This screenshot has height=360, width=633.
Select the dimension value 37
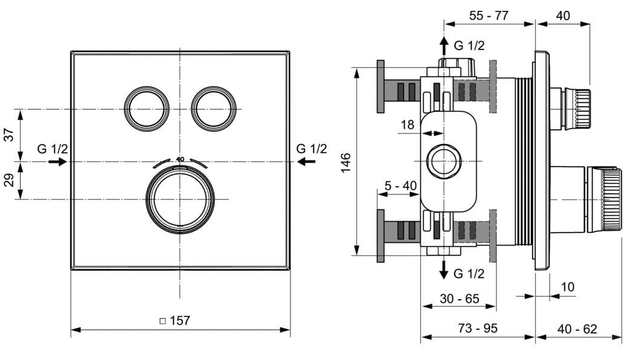tap(9, 135)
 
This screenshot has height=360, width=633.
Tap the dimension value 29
tap(9, 180)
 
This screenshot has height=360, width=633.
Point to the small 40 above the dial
tap(179, 159)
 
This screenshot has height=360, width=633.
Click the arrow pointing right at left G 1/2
tap(58, 162)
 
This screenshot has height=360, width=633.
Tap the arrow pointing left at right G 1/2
tap(306, 161)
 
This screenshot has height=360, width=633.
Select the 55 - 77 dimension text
tap(489, 16)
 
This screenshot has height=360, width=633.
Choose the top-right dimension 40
tap(562, 16)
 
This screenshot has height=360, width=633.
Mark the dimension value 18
tap(408, 125)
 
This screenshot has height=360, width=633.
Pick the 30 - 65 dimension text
tap(459, 298)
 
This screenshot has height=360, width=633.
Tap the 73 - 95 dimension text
tap(478, 329)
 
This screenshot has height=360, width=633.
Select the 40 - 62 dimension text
tap(577, 329)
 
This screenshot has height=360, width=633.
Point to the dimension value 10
tap(568, 287)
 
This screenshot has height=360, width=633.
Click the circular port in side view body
tap(444, 161)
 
